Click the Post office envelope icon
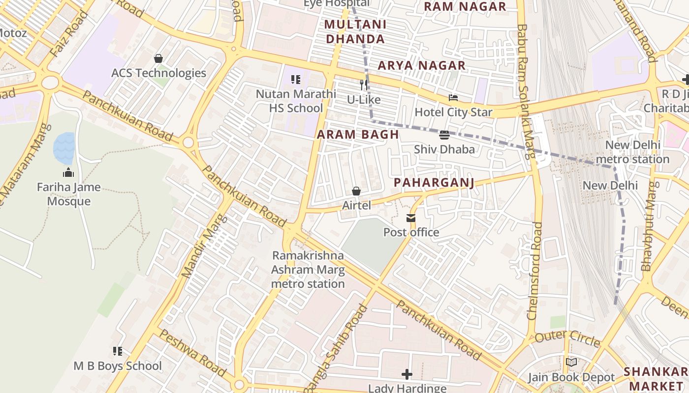pos(410,218)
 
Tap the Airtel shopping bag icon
pos(356,191)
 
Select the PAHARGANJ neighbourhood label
pos(434,183)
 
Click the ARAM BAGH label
pos(358,135)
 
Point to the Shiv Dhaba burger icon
pos(444,135)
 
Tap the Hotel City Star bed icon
pos(453,98)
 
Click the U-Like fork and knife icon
pos(364,85)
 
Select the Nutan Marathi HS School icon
pos(296,79)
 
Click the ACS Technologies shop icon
pos(158,58)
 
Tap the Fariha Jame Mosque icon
pos(68,172)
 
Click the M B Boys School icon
pos(118,351)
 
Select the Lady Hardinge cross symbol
pos(407,374)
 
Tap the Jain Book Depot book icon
pos(571,363)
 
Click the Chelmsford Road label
pos(535,271)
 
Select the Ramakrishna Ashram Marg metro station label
pos(308,270)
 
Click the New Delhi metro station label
pos(632,152)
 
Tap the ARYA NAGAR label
pos(421,65)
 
